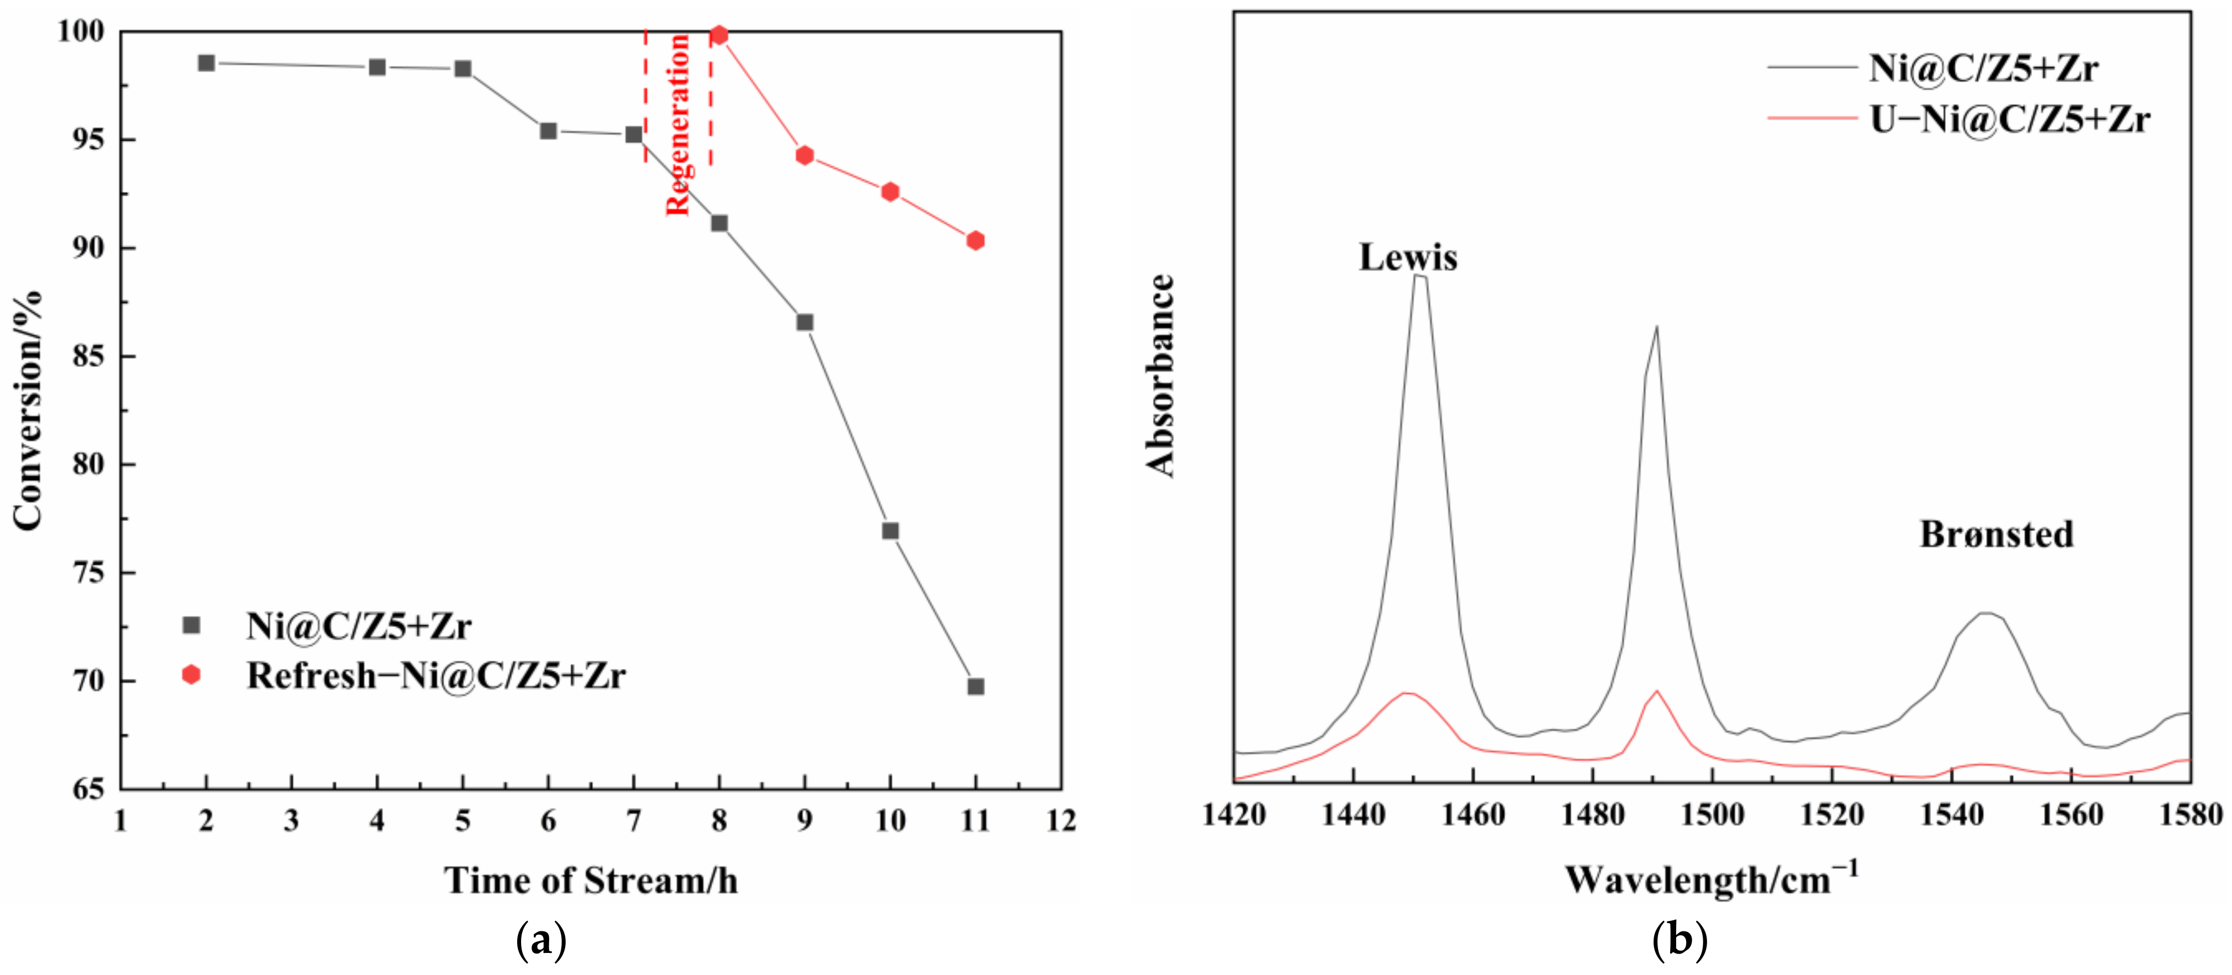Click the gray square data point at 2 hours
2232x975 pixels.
coord(206,63)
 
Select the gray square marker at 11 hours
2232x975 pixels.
coord(975,687)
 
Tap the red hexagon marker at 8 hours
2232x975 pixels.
coord(718,35)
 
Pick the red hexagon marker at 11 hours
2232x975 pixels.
coord(975,241)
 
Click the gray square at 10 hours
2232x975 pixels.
coord(890,531)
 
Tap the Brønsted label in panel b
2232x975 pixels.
coord(1997,535)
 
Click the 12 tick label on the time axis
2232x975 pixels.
coord(1060,820)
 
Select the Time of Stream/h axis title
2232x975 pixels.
coord(591,881)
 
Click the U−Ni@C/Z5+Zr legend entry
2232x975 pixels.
coord(2009,119)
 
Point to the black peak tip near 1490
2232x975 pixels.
coord(1657,328)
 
